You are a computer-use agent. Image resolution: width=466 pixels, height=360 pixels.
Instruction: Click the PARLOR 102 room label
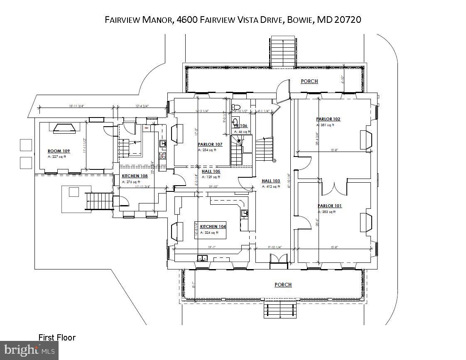point(328,119)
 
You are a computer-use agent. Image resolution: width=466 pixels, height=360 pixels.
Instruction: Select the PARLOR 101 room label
point(330,206)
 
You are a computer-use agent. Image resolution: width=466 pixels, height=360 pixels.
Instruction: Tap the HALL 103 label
point(271,181)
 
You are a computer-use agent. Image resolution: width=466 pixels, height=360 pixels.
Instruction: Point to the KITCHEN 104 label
point(213,227)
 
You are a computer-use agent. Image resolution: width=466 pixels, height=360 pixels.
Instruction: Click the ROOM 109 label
point(58,151)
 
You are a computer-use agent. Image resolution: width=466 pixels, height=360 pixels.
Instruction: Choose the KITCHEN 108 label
point(134,176)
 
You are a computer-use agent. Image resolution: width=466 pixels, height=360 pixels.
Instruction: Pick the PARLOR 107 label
point(210,144)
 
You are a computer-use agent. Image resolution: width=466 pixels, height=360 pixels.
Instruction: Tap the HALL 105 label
point(211,171)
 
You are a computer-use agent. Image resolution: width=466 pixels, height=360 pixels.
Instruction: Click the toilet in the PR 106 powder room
point(235,106)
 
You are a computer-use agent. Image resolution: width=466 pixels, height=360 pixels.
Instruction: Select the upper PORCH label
point(309,81)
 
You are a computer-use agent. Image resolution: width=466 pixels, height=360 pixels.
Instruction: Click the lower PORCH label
point(283,285)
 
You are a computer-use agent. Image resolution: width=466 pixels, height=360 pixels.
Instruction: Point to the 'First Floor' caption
point(57,338)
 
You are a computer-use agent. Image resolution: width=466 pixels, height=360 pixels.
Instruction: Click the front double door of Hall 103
point(278,258)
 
